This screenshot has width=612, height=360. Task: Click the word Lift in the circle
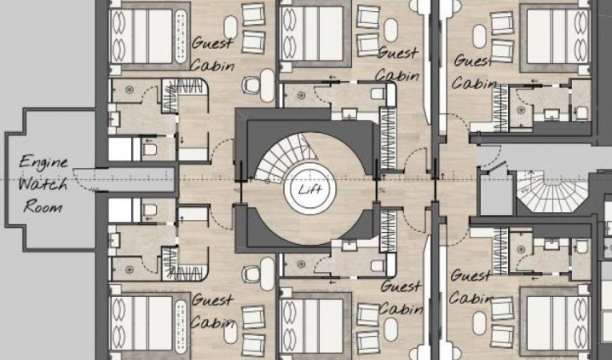310,190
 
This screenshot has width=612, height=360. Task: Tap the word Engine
43,162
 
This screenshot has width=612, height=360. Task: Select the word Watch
43,183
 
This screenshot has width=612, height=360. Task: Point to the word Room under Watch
42,206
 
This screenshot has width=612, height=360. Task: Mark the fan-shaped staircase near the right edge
552,191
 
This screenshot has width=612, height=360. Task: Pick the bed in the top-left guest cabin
142,36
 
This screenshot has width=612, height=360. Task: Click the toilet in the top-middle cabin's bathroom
378,94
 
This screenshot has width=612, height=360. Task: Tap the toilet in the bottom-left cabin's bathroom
150,210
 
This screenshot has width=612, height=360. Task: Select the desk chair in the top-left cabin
250,85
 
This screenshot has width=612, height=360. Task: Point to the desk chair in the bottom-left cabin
250,274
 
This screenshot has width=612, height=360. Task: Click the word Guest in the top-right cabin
473,62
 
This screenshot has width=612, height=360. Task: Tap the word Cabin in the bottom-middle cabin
401,310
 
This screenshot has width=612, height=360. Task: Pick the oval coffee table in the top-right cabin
480,36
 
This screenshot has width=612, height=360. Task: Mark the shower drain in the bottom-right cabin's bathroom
520,249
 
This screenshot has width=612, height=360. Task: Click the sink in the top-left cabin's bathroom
114,118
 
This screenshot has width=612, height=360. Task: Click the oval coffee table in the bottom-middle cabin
390,329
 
